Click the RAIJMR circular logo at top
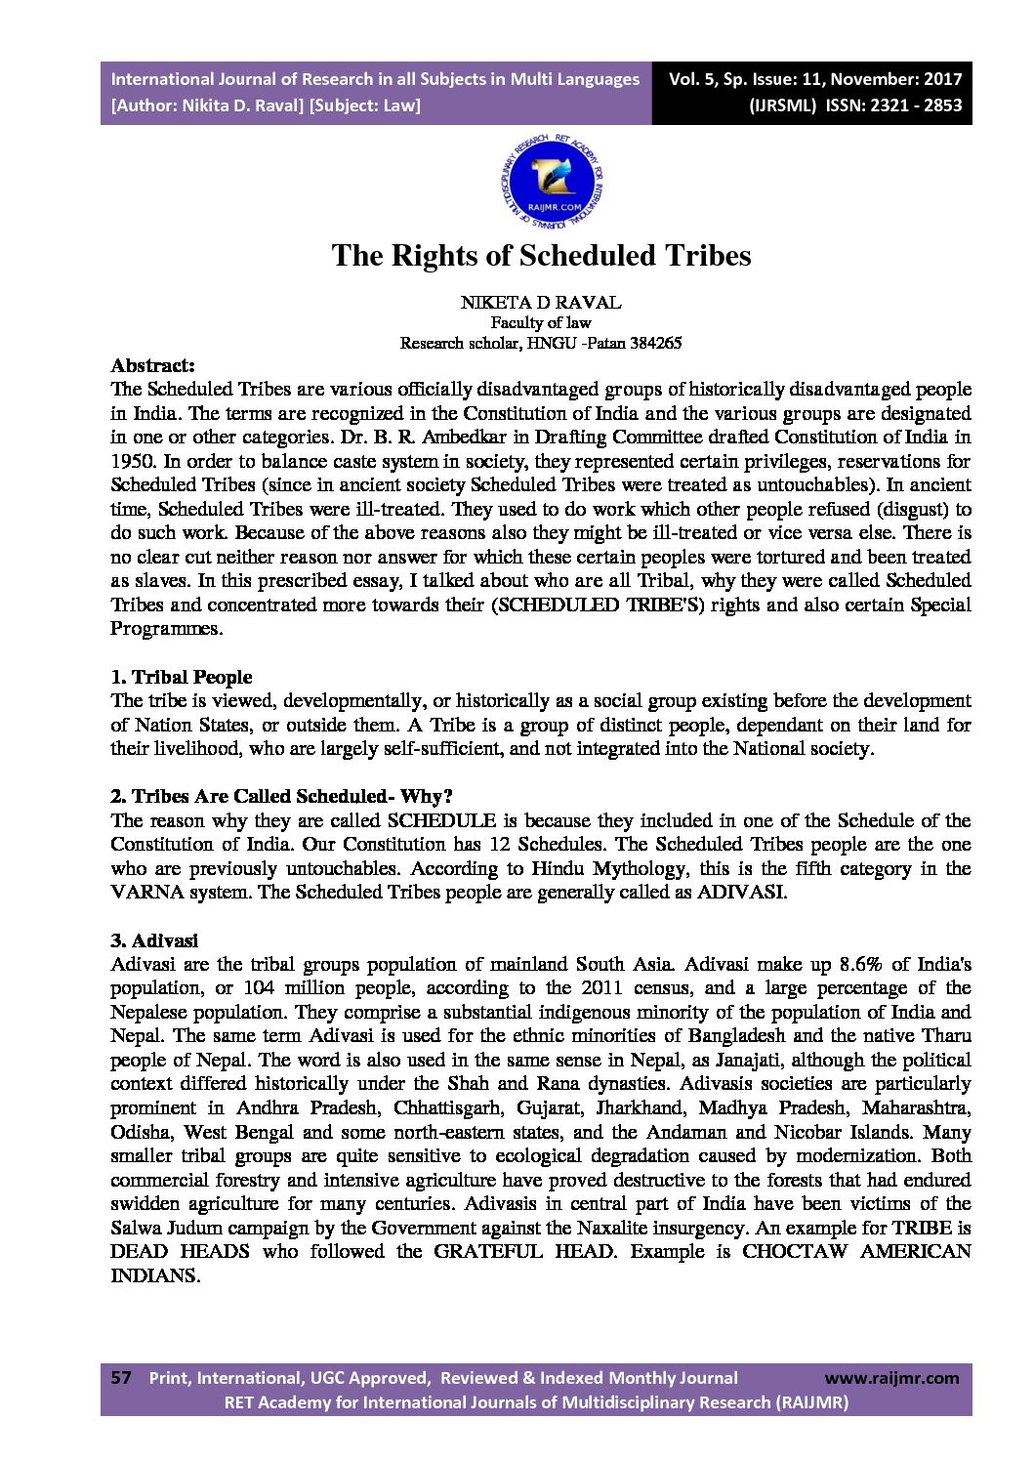click(x=553, y=182)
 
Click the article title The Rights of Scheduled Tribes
click(x=541, y=256)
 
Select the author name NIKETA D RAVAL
click(x=540, y=303)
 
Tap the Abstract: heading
click(x=152, y=366)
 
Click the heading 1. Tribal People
click(x=182, y=677)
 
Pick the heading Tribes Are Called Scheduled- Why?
click(x=291, y=796)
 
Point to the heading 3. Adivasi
click(x=154, y=940)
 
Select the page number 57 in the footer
click(x=121, y=1378)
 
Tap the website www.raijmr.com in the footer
click(x=891, y=1378)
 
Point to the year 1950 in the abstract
click(x=130, y=461)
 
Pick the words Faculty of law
click(x=540, y=323)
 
